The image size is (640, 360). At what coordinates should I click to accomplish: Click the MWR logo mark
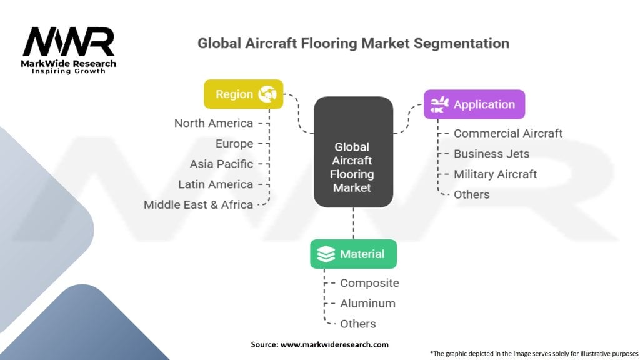(x=69, y=42)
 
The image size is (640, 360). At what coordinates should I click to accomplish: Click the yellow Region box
(x=244, y=94)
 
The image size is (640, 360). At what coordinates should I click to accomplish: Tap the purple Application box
(x=474, y=104)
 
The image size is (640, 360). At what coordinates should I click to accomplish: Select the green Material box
(x=354, y=254)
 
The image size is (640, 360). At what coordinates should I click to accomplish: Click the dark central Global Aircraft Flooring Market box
(x=354, y=152)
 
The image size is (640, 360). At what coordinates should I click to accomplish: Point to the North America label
(x=214, y=123)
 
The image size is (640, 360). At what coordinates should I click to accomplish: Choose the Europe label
(x=234, y=144)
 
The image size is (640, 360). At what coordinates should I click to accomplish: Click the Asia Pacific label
(x=221, y=164)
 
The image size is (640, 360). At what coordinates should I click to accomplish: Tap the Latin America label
(x=216, y=184)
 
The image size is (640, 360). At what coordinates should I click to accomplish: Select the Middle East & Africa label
(x=198, y=205)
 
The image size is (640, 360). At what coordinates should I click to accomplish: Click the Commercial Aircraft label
(x=508, y=134)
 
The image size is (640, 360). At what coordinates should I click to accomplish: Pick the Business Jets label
(x=491, y=154)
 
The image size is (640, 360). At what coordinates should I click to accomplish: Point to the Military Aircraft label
(x=495, y=174)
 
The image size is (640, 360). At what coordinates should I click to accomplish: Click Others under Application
(x=471, y=195)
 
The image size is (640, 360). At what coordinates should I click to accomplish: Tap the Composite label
(x=369, y=283)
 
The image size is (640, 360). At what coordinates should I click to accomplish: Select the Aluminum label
(x=367, y=304)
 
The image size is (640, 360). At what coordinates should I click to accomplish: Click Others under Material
(x=358, y=324)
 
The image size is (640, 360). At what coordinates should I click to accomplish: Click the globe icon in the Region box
(x=267, y=94)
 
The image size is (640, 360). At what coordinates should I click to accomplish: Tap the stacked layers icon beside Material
(x=326, y=254)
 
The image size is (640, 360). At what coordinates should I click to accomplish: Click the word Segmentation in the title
(x=462, y=43)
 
